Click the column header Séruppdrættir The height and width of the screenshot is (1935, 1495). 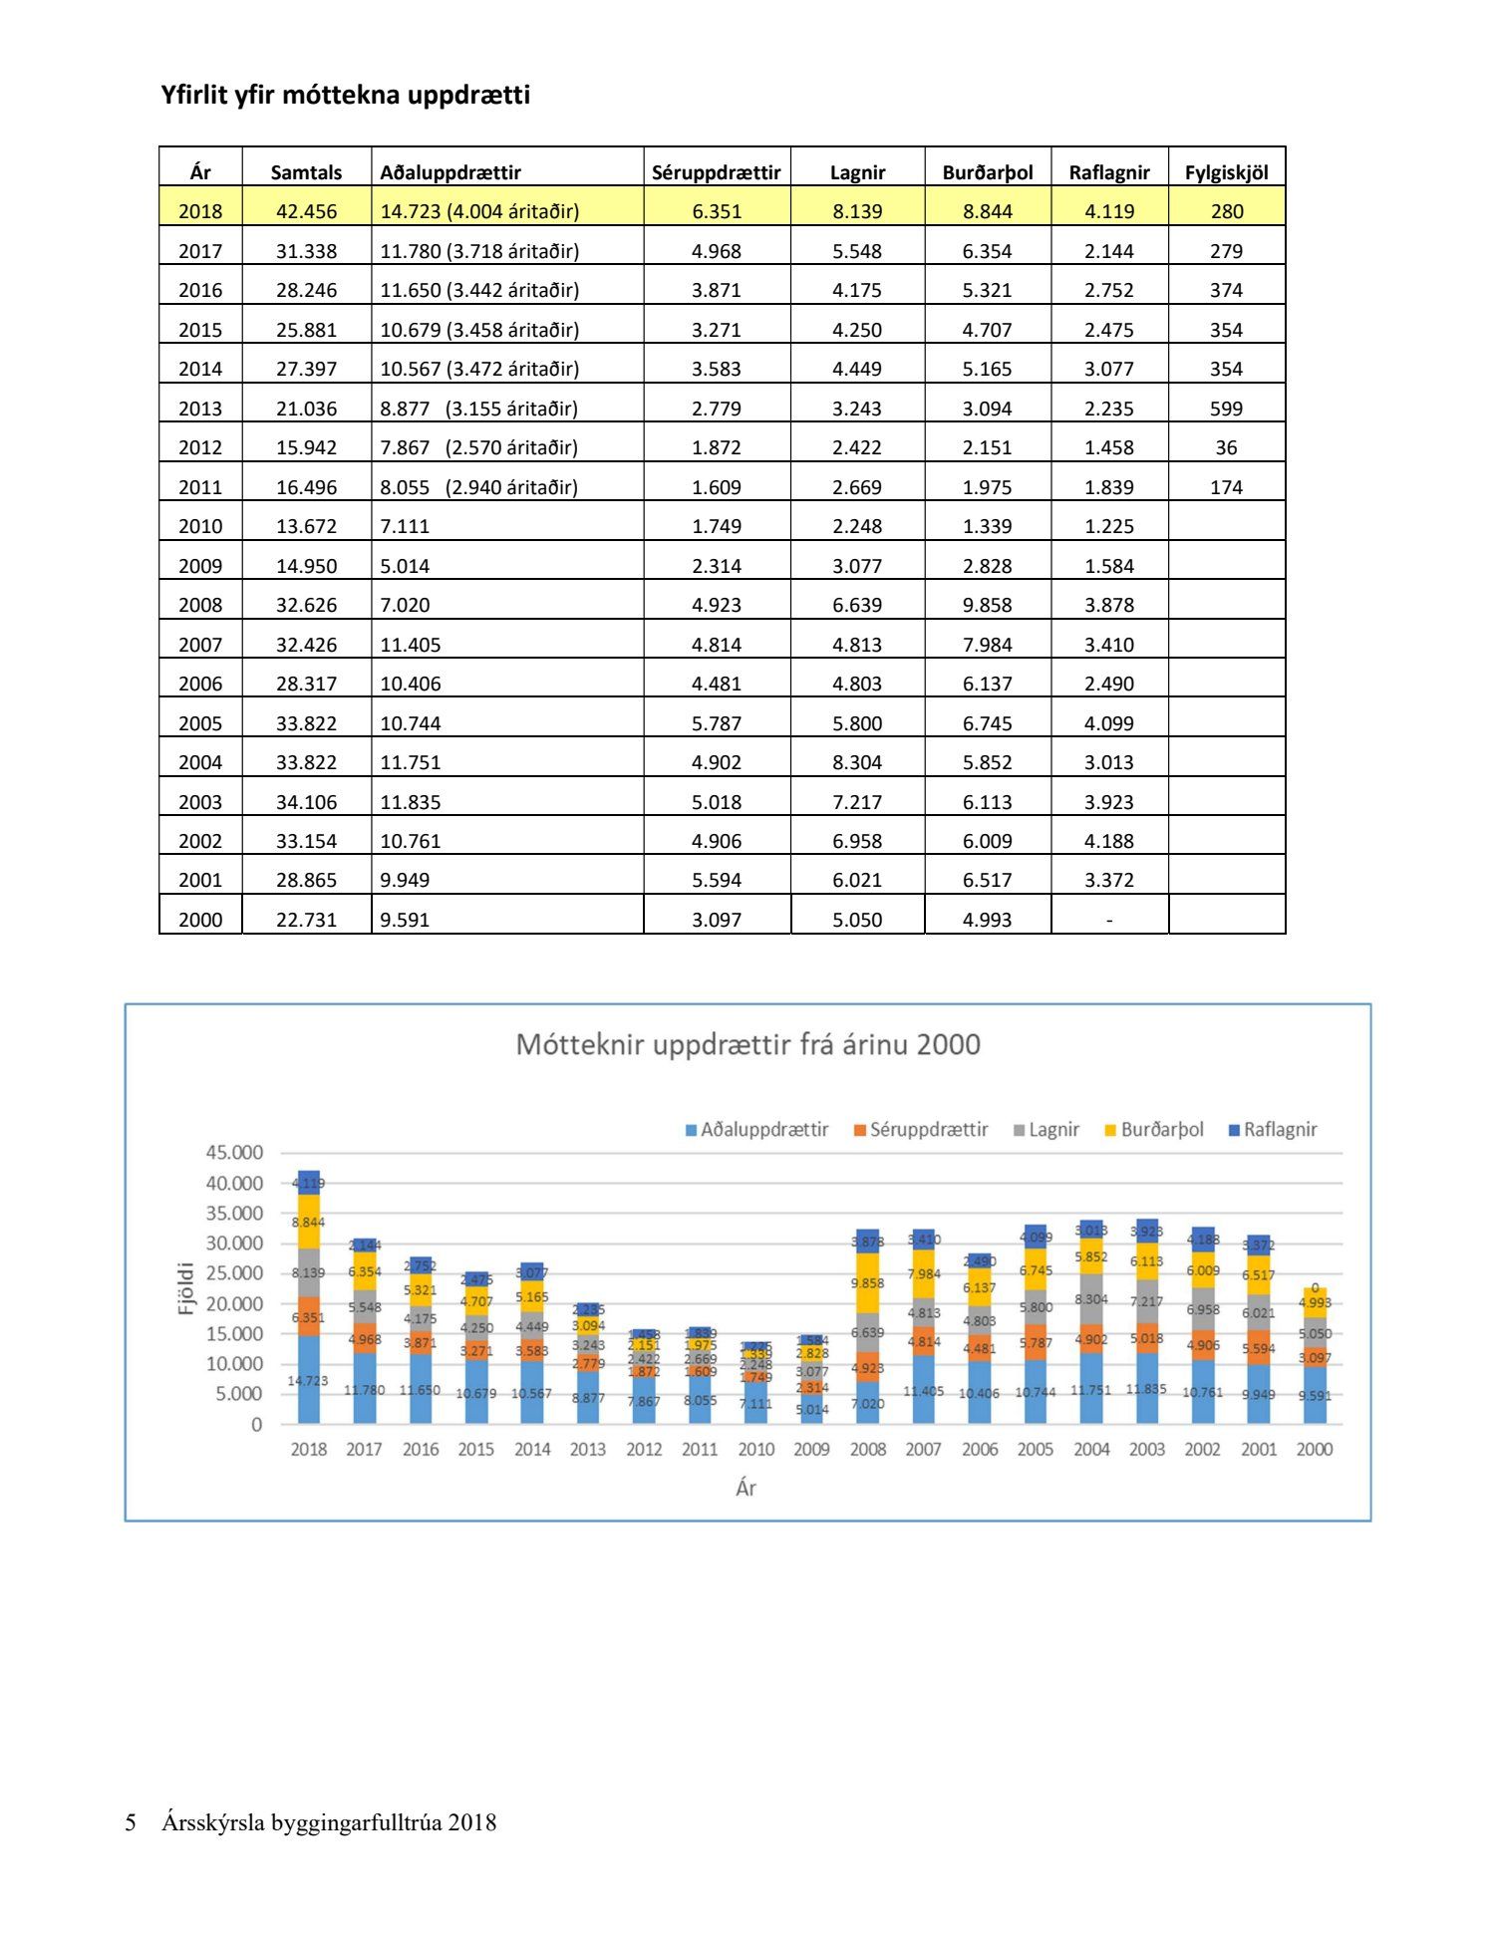[716, 172]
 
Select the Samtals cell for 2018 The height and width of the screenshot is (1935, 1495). [306, 211]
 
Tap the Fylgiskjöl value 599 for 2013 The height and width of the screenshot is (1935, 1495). [1226, 409]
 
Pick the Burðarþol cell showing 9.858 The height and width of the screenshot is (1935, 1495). [987, 605]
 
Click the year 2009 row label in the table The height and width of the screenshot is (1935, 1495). [200, 566]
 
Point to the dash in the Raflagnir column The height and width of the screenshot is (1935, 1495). [1108, 920]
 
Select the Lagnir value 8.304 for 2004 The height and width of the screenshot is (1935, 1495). [857, 762]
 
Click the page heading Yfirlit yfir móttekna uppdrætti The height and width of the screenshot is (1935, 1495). [345, 96]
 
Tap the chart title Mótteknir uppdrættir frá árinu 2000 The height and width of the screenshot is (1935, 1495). [747, 1044]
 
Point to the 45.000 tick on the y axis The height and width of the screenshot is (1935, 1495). [234, 1153]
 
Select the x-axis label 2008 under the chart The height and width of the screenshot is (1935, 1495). [867, 1449]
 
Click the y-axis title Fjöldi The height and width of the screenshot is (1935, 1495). [186, 1287]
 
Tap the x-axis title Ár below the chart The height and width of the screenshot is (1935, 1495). [746, 1488]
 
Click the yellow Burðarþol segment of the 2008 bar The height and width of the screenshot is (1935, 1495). [867, 1284]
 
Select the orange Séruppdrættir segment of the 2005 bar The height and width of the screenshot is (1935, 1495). [1036, 1342]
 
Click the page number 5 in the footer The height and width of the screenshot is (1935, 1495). [131, 1823]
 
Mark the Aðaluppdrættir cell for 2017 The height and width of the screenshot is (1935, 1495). [478, 251]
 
